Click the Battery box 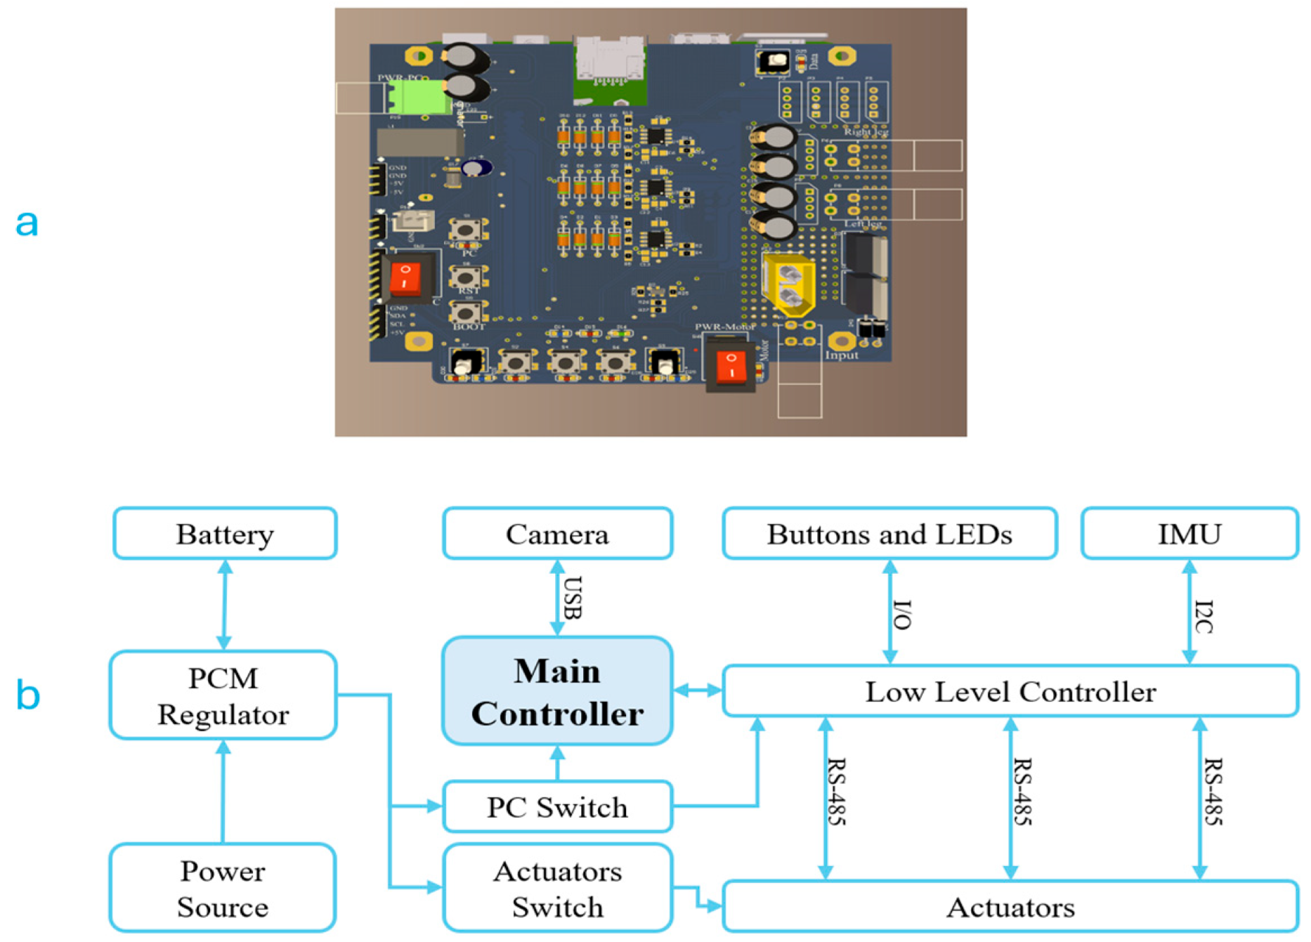pyautogui.click(x=225, y=534)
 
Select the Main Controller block pyautogui.click(x=557, y=691)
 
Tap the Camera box pyautogui.click(x=557, y=534)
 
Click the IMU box pyautogui.click(x=1189, y=534)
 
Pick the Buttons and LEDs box pyautogui.click(x=889, y=534)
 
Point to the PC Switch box pyautogui.click(x=557, y=807)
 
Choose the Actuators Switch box pyautogui.click(x=557, y=889)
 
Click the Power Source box pyautogui.click(x=223, y=889)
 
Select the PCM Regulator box pyautogui.click(x=223, y=695)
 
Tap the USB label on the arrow pyautogui.click(x=573, y=598)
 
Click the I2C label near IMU pyautogui.click(x=1204, y=616)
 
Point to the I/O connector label pyautogui.click(x=903, y=614)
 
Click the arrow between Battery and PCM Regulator pyautogui.click(x=224, y=604)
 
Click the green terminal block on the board pyautogui.click(x=420, y=97)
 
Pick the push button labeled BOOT pyautogui.click(x=465, y=311)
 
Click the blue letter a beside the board pyautogui.click(x=27, y=223)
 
